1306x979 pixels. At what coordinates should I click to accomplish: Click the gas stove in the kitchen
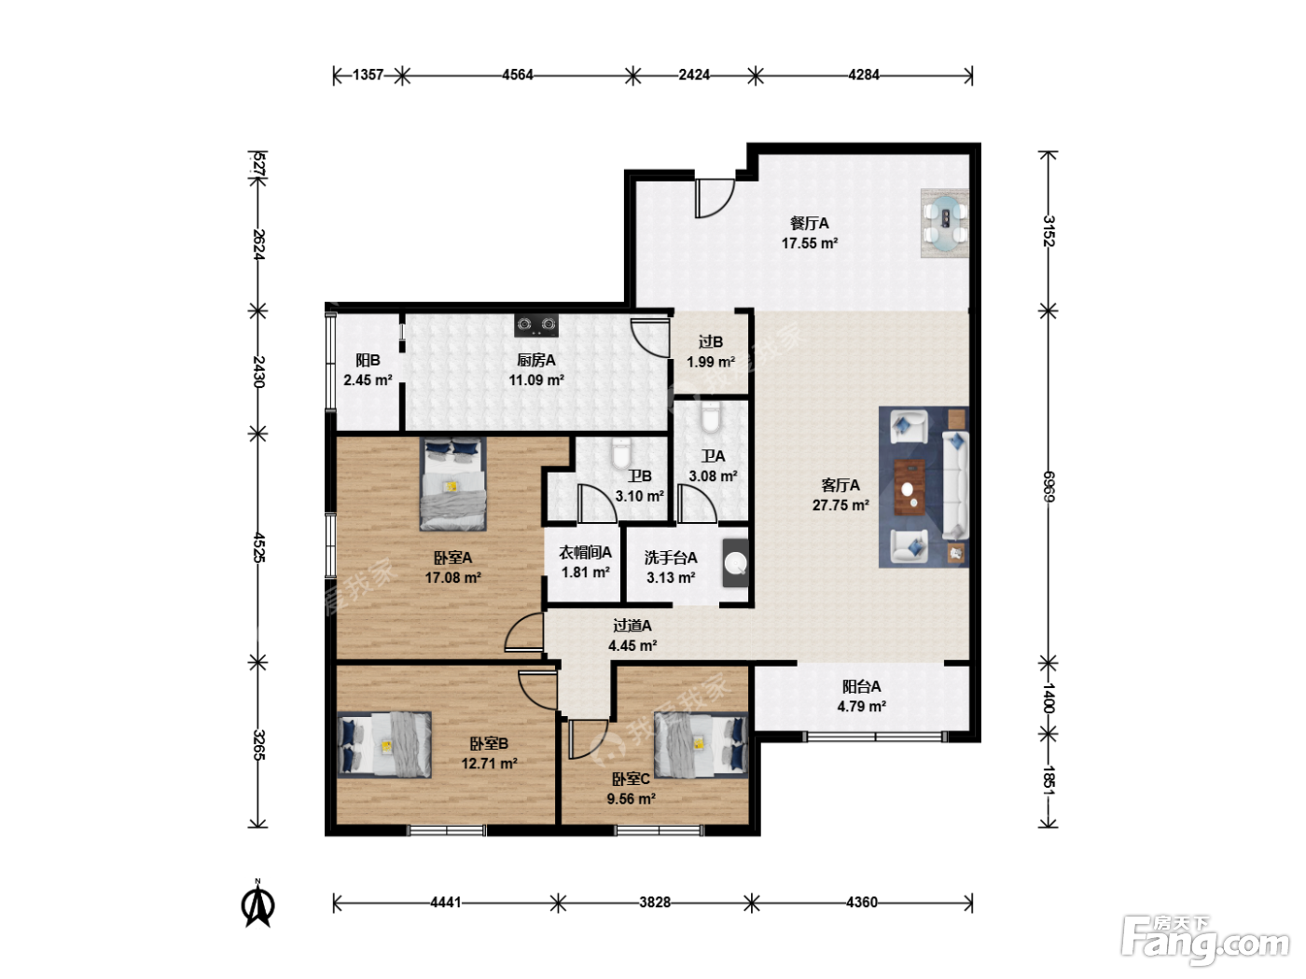[536, 325]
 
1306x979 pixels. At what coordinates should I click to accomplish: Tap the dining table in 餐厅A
[945, 223]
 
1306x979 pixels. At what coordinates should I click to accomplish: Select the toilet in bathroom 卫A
[711, 418]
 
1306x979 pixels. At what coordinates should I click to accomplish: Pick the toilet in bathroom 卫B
[620, 454]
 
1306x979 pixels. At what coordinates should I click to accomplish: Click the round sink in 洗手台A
[737, 563]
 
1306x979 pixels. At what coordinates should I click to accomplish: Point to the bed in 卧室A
[452, 484]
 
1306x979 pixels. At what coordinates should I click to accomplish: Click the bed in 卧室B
[384, 745]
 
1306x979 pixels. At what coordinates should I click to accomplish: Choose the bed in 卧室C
[701, 745]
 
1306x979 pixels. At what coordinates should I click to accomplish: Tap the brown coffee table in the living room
[910, 487]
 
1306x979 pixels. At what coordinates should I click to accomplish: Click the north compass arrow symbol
[257, 904]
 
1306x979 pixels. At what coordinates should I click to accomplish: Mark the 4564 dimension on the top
[518, 75]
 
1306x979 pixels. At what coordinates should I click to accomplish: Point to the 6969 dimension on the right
[1049, 486]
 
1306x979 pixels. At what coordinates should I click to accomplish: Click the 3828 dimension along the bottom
[655, 903]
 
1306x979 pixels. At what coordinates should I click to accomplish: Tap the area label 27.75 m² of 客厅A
[841, 505]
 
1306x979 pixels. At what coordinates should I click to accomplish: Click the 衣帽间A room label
[585, 553]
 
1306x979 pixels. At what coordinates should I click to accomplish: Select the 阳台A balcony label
[862, 687]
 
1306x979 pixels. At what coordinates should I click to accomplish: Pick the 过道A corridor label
[632, 626]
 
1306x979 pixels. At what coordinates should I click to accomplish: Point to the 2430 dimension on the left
[258, 371]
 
